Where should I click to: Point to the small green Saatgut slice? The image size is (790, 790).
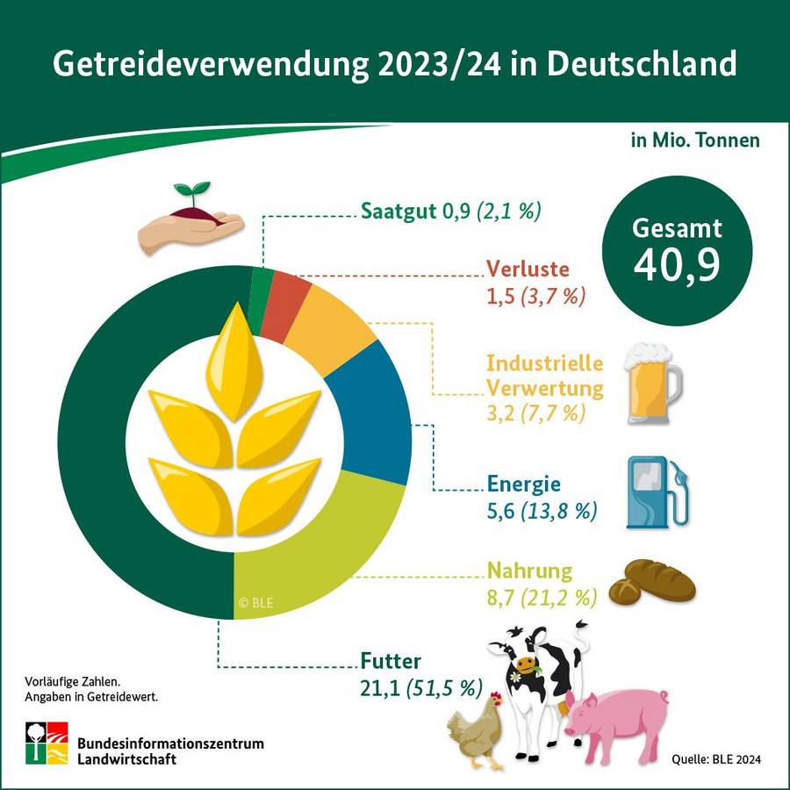click(x=262, y=299)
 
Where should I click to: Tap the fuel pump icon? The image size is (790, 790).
click(x=654, y=492)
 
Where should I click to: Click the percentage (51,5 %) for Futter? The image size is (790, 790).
click(x=442, y=688)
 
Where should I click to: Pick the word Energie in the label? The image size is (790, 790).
click(x=523, y=485)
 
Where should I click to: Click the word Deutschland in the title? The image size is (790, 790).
click(x=641, y=65)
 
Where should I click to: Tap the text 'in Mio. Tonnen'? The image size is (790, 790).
click(x=694, y=140)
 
